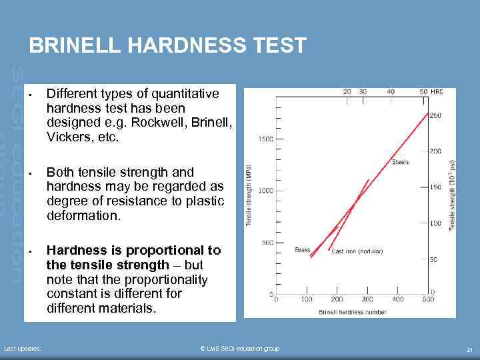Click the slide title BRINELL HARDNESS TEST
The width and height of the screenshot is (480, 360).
(x=168, y=45)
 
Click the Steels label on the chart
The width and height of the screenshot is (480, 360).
(x=400, y=162)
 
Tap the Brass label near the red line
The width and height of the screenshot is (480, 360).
(x=303, y=250)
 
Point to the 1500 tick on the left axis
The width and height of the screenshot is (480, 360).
(x=265, y=139)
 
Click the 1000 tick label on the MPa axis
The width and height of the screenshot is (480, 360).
(x=265, y=191)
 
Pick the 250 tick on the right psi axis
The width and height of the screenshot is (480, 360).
(x=435, y=115)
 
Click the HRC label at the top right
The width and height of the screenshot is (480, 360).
(x=437, y=91)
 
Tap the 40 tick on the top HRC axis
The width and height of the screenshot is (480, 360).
(x=390, y=91)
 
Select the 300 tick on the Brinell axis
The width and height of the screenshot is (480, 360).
(x=367, y=299)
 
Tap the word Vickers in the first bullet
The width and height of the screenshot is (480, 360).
(x=69, y=137)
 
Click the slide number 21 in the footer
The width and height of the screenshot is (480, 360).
(x=469, y=349)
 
